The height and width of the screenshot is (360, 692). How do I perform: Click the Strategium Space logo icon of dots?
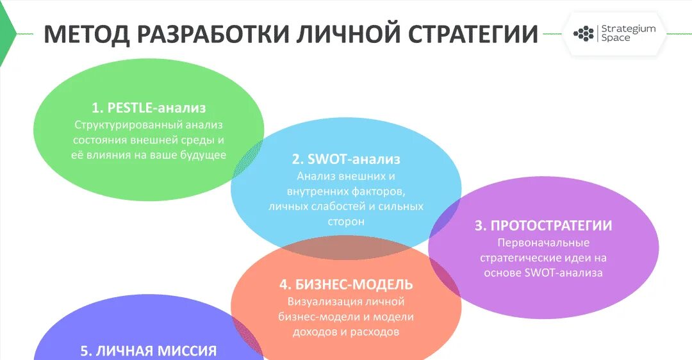(x=583, y=33)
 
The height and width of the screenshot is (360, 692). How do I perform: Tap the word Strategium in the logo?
(x=629, y=29)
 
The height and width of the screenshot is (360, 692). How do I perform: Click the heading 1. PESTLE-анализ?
(x=148, y=108)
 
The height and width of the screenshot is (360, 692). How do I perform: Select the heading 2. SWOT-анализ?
(x=346, y=159)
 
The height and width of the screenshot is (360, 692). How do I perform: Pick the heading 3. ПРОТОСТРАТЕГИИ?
(x=543, y=225)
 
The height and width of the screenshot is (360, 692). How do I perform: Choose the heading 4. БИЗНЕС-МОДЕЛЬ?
(x=346, y=284)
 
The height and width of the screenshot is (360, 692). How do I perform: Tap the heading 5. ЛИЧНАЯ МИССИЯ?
(x=148, y=351)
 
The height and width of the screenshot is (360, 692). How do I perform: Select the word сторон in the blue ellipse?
(x=347, y=222)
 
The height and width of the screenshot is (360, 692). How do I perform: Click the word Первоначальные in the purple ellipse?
(x=543, y=243)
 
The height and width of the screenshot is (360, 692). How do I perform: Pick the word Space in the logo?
(x=615, y=38)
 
